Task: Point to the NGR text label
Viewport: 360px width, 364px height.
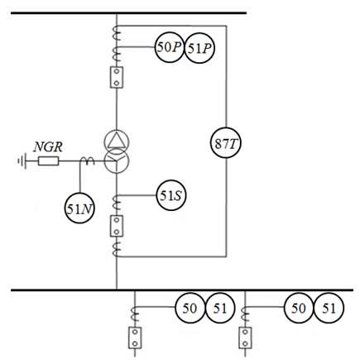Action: (48, 146)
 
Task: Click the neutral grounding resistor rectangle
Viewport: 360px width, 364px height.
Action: (48, 161)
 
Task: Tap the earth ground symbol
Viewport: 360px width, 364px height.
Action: (22, 160)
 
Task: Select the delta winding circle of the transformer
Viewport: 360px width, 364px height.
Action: (117, 141)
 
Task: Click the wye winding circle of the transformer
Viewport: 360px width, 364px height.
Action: (117, 160)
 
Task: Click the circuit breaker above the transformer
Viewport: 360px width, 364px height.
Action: (117, 78)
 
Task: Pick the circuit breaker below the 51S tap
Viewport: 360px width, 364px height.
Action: (117, 226)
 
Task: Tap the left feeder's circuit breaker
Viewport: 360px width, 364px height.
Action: (135, 338)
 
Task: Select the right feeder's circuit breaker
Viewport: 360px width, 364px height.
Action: (245, 338)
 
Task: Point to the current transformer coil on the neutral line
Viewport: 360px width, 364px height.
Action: (87, 161)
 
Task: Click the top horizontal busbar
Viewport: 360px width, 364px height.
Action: (128, 13)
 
